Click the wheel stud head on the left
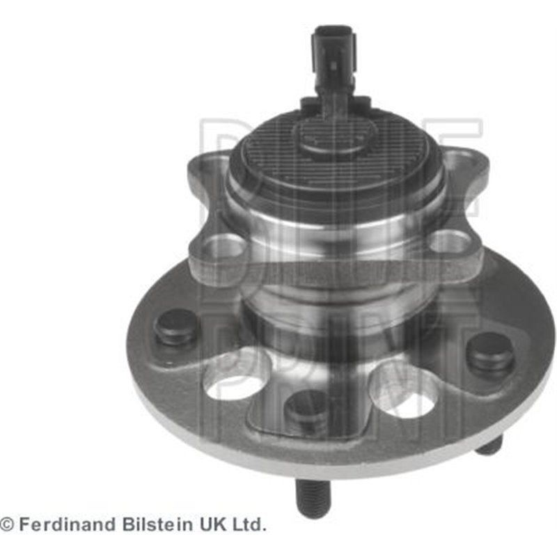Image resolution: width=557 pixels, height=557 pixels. click(x=177, y=327)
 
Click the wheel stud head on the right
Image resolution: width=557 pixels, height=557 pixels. click(x=491, y=351)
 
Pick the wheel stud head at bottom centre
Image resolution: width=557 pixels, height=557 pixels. click(x=306, y=409)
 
